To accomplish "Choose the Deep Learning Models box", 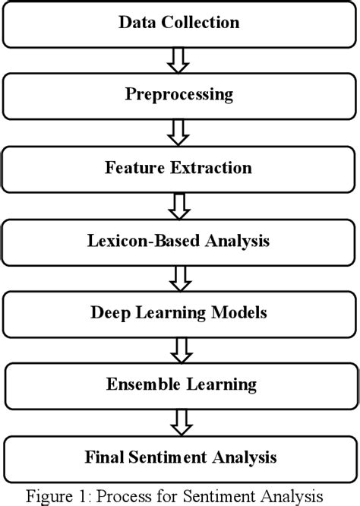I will click(x=179, y=313).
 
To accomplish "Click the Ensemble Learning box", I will click(x=179, y=385).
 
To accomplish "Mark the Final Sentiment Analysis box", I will click(x=179, y=457).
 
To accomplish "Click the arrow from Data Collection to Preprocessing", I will click(x=178, y=61).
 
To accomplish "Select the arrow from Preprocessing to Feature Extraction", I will click(x=178, y=132).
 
